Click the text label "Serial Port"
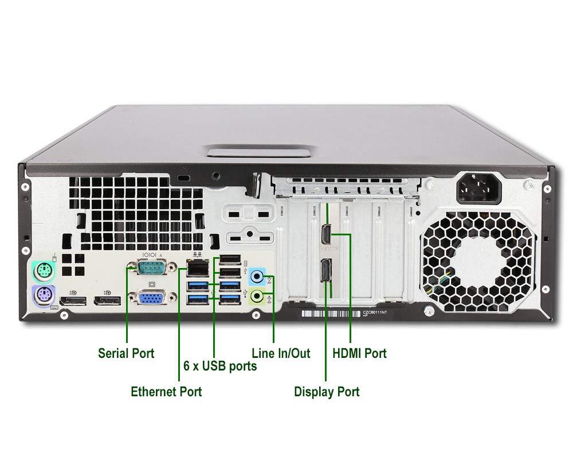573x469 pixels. click(x=126, y=353)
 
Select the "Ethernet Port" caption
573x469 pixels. click(x=166, y=392)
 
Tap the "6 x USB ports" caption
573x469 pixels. click(x=219, y=366)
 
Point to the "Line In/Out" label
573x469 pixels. click(x=281, y=353)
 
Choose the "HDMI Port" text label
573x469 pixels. click(x=359, y=353)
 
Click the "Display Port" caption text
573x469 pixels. click(x=327, y=392)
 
